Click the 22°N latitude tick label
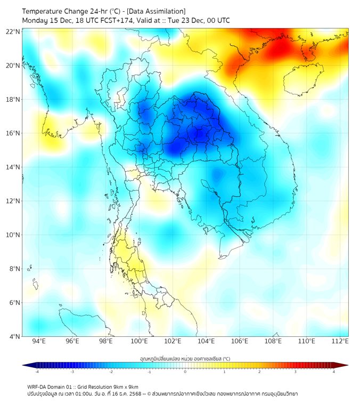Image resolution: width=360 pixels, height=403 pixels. [x=13, y=31]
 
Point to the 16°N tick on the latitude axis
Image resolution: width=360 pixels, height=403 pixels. [x=13, y=133]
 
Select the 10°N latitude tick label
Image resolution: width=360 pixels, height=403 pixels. [x=13, y=235]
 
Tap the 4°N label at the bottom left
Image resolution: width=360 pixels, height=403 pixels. [x=15, y=336]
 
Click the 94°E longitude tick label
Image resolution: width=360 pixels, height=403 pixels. [x=39, y=342]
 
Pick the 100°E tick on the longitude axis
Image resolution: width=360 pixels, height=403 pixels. [x=140, y=342]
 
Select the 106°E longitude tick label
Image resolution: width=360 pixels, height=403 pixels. [x=240, y=342]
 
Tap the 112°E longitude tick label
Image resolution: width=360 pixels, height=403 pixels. [x=340, y=342]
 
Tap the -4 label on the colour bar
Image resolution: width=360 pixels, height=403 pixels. [x=37, y=372]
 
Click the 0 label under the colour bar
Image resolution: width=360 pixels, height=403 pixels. [x=185, y=372]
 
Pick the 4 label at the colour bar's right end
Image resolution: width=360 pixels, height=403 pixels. [x=334, y=372]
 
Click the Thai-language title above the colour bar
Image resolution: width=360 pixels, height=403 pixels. [x=185, y=358]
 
